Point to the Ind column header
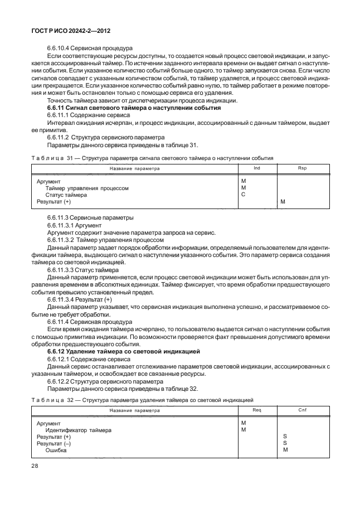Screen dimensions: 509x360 256,168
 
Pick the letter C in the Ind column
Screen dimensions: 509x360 244,195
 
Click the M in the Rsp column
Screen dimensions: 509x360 283,202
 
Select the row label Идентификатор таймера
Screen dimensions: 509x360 78,430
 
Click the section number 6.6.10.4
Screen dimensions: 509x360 62,48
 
